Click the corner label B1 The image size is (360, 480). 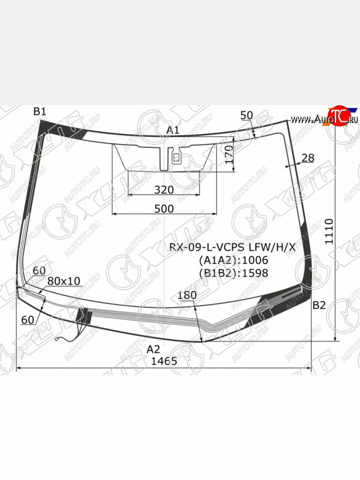[40, 112]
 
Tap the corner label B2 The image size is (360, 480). [319, 306]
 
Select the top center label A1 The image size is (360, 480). [173, 130]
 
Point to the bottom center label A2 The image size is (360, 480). [153, 349]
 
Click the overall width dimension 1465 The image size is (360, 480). [164, 361]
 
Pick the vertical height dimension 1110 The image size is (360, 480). [329, 231]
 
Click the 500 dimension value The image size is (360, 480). [164, 208]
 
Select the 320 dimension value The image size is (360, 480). [164, 190]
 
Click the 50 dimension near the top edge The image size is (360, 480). [247, 116]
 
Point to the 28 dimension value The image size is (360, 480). [308, 158]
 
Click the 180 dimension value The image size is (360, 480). [187, 295]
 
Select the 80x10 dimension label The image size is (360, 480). [64, 281]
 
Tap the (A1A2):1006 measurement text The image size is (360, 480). [234, 260]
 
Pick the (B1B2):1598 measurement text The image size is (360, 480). [234, 273]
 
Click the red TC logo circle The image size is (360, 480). [336, 116]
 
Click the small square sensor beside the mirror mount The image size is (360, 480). [176, 158]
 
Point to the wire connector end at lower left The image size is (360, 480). [57, 340]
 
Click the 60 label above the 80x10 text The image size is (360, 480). [39, 271]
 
